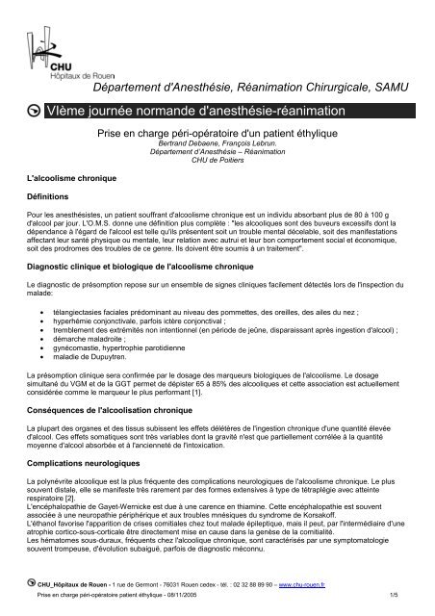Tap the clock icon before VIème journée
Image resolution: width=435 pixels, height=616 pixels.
pos(35,115)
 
